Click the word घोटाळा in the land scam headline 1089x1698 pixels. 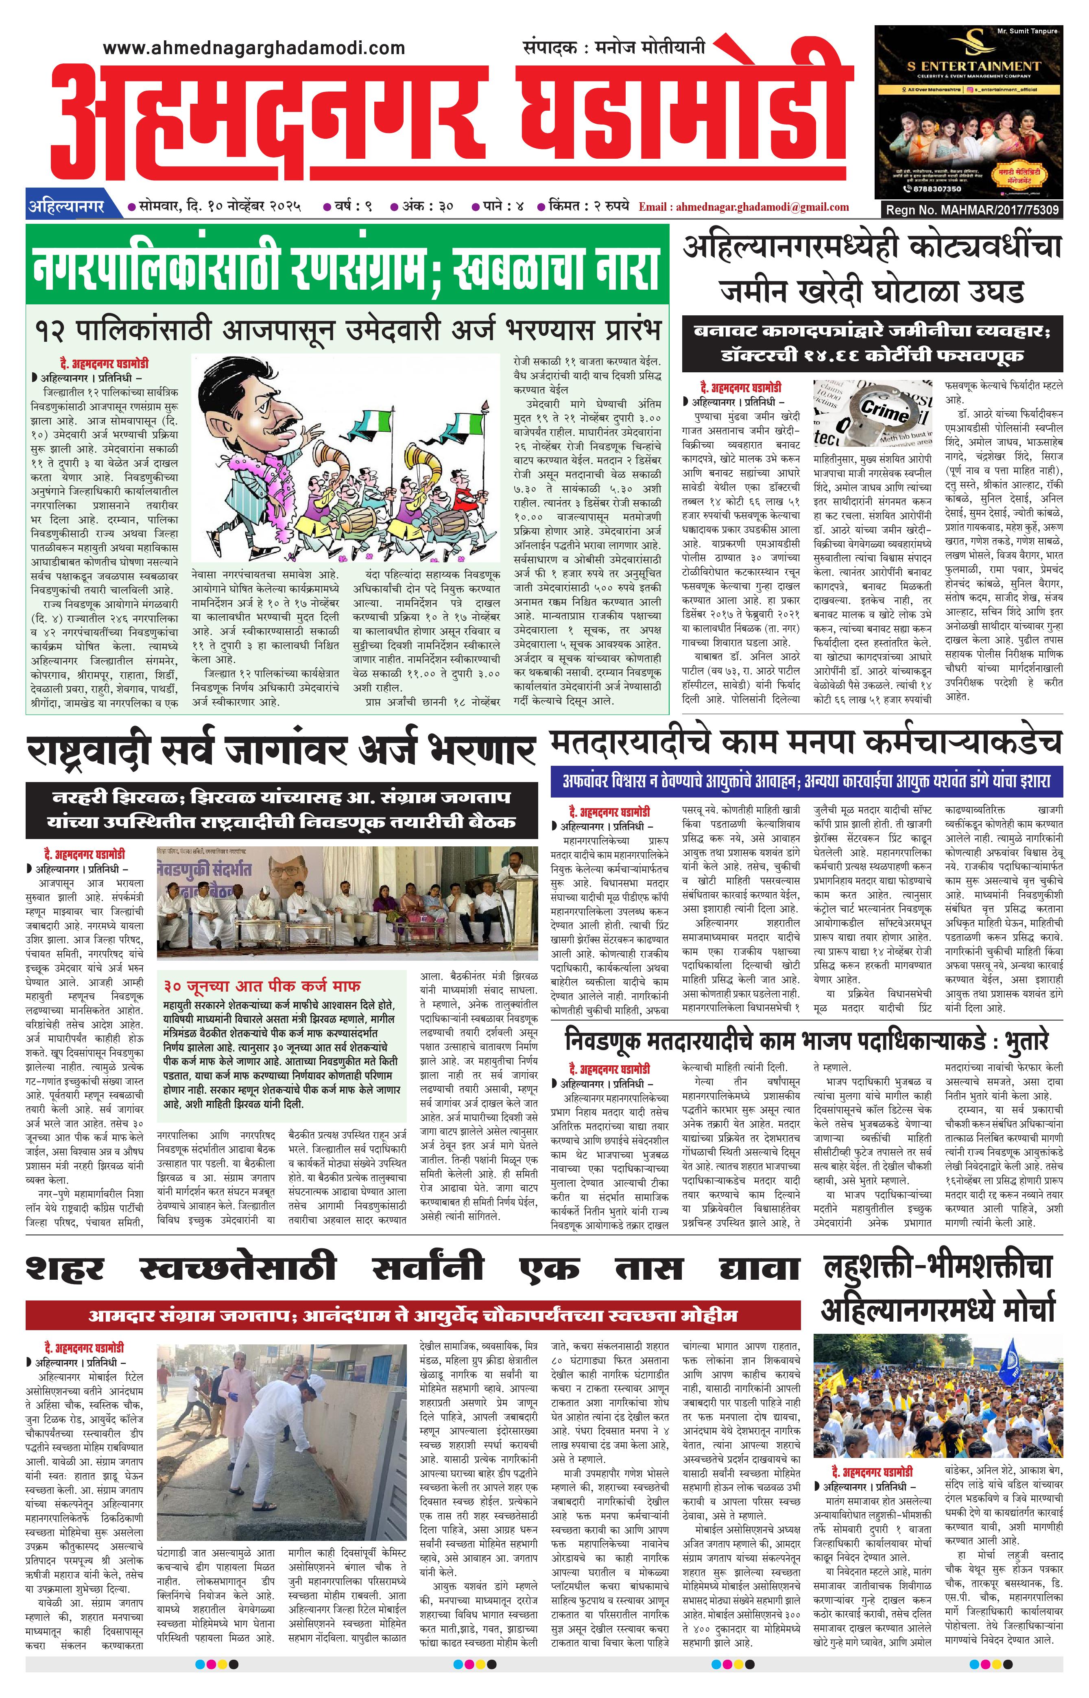pos(907,291)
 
